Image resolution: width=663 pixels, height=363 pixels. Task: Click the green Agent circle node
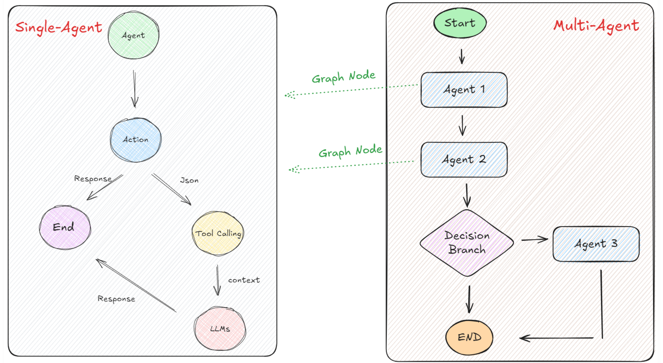[x=133, y=35]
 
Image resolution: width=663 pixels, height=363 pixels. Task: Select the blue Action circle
[x=136, y=140]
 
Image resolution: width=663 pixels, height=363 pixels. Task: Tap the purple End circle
[x=65, y=227]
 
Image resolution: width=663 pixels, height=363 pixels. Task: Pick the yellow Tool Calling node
[x=218, y=233]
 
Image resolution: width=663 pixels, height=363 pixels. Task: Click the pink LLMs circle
[x=220, y=329]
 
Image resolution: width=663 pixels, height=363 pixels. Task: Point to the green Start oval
[x=460, y=23]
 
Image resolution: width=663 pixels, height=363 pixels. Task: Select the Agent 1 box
[x=464, y=90]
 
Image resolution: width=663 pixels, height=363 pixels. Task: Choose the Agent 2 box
[x=464, y=160]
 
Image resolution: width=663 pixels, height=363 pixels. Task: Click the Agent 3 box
[x=596, y=244]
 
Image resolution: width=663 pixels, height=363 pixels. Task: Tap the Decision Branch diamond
[x=467, y=243]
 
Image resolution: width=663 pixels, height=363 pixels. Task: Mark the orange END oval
[x=469, y=337]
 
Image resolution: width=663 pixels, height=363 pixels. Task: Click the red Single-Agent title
[x=59, y=27]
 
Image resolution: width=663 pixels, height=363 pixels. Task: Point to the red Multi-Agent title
[x=596, y=26]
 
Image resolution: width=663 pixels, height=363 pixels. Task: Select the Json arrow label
[x=189, y=180]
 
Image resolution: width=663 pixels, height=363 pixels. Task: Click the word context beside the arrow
[x=244, y=280]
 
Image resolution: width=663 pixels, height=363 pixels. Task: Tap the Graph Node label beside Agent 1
[x=343, y=77]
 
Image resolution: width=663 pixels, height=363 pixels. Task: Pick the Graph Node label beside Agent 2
[x=350, y=151]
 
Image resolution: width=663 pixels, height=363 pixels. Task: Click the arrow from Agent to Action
[x=134, y=89]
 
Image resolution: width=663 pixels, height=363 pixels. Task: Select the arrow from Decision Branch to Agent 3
[x=534, y=240]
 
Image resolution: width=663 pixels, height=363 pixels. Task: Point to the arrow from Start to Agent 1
[x=462, y=56]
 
